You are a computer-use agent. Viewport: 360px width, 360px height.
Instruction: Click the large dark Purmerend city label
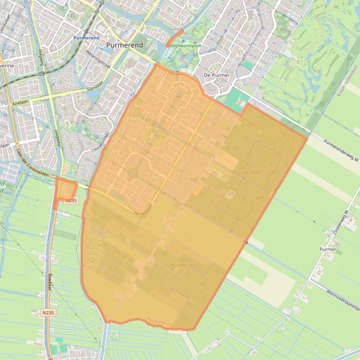pyautogui.click(x=125, y=45)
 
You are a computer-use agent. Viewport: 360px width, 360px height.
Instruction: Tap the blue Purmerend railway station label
pyautogui.click(x=87, y=37)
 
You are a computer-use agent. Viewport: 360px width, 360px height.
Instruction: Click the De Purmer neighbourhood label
pyautogui.click(x=217, y=75)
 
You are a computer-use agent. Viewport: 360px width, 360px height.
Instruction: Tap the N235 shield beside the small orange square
pyautogui.click(x=71, y=200)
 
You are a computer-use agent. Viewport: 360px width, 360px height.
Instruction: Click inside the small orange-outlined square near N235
pyautogui.click(x=66, y=189)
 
